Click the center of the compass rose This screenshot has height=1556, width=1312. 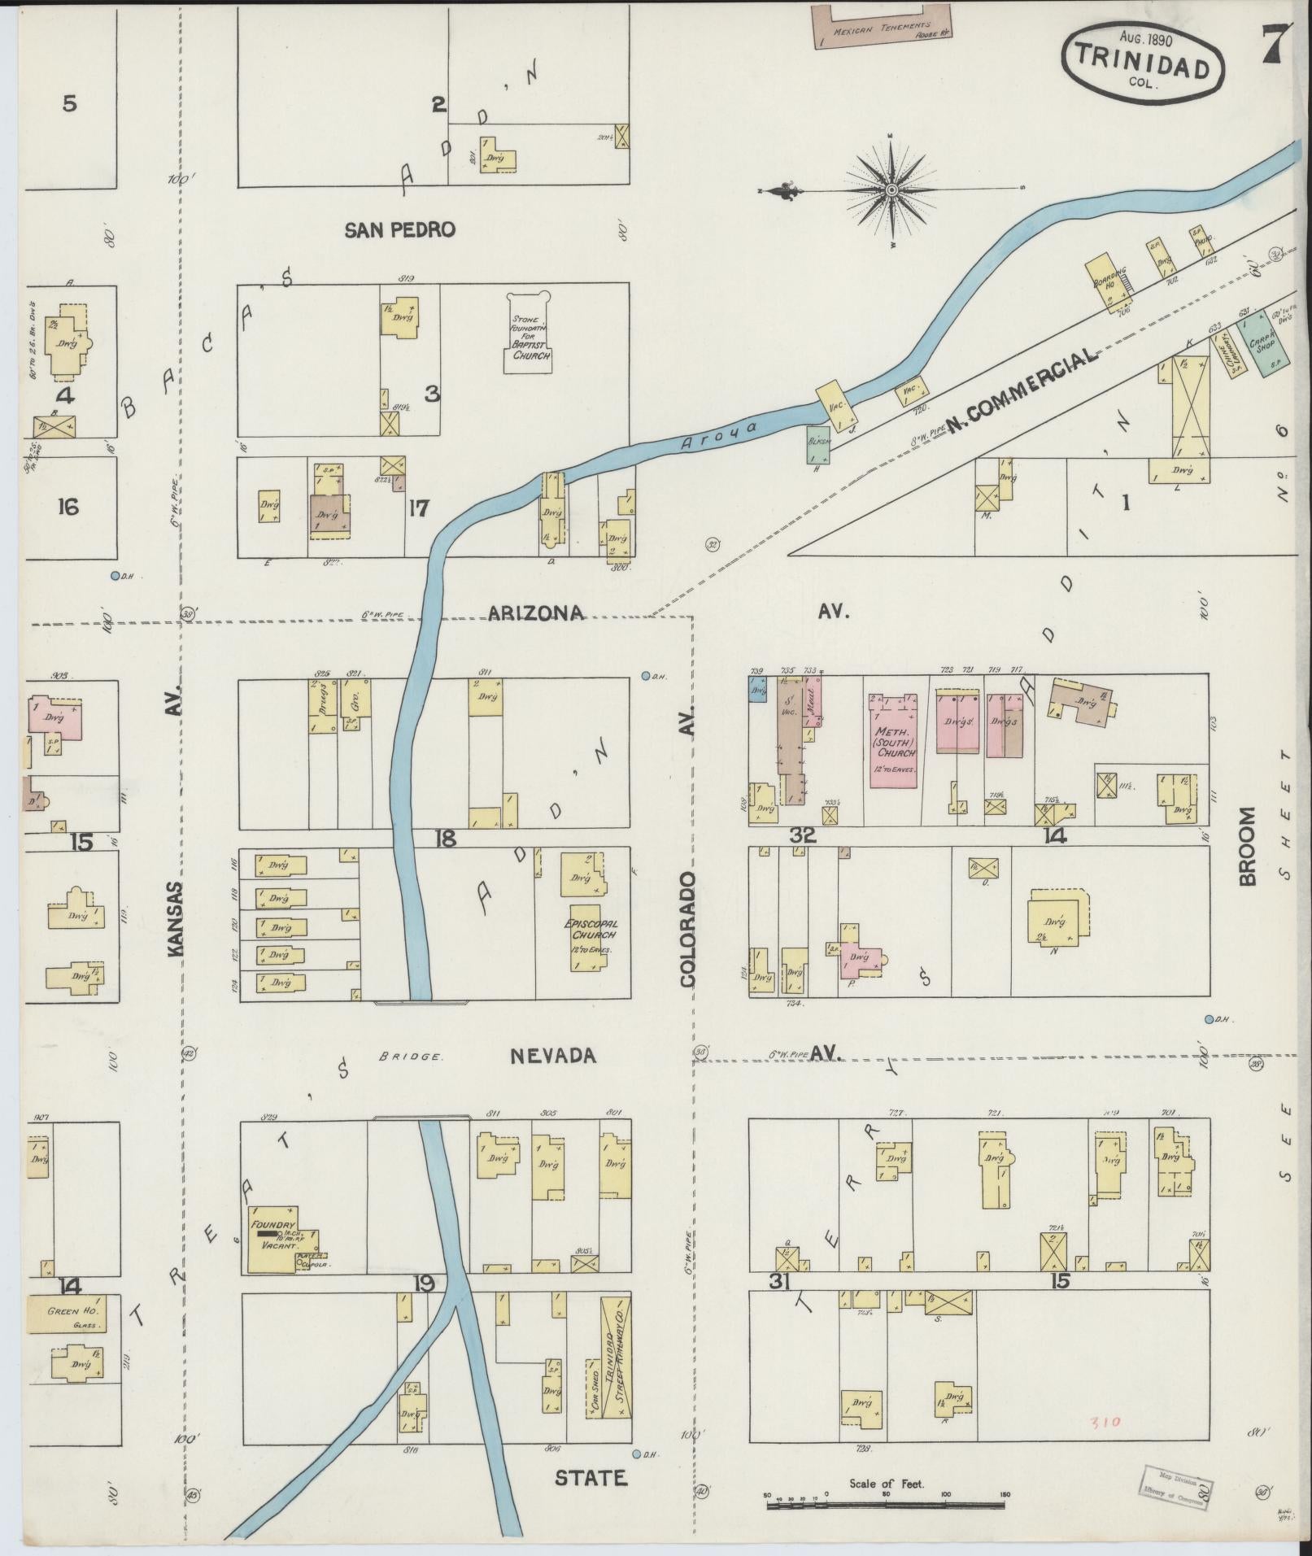coord(891,190)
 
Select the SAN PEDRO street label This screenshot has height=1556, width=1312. coord(399,230)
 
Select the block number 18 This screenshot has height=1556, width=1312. coord(445,837)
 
